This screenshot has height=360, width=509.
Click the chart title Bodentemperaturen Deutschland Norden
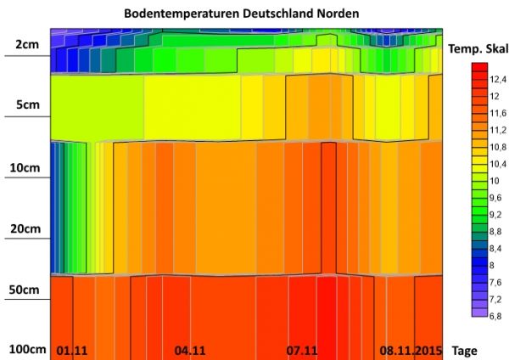click(x=241, y=14)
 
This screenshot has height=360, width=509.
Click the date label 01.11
click(x=72, y=350)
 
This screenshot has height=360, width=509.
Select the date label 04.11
click(x=190, y=350)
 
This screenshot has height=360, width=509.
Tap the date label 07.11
click(x=302, y=350)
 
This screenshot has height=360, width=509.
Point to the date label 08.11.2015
click(x=411, y=350)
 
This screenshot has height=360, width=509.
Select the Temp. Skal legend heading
click(x=478, y=49)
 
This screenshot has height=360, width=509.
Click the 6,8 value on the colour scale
click(x=495, y=315)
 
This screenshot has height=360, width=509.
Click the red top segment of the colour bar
click(x=479, y=67)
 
